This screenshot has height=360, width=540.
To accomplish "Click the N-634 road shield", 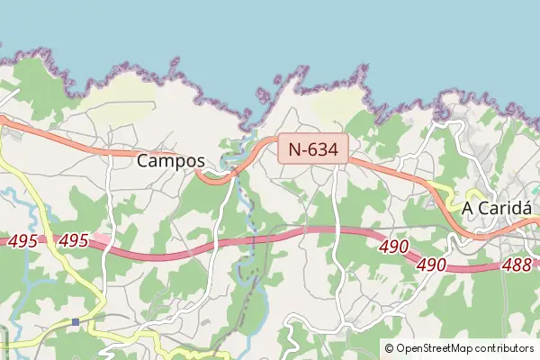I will tap(313, 149).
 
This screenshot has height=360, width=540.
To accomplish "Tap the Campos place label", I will tap(171, 162).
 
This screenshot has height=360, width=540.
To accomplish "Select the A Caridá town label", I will tap(498, 209).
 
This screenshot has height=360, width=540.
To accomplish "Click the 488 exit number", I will tap(516, 266).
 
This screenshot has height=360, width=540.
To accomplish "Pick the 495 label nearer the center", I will tap(73, 241).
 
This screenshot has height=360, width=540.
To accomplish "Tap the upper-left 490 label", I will tap(393, 247).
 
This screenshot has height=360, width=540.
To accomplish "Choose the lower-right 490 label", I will tap(432, 265).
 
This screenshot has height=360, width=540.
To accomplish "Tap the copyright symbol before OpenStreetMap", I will tap(389, 348).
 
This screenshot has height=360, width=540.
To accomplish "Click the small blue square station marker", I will tap(76, 321).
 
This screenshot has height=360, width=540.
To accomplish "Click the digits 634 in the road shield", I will tap(324, 149).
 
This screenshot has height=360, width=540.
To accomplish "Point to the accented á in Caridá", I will tap(526, 208).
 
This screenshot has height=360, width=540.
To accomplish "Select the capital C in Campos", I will tap(144, 162).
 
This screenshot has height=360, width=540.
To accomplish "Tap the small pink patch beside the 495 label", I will tap(101, 239).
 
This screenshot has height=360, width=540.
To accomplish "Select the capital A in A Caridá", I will tap(468, 209).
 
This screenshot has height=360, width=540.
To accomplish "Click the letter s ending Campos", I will tap(200, 162).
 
